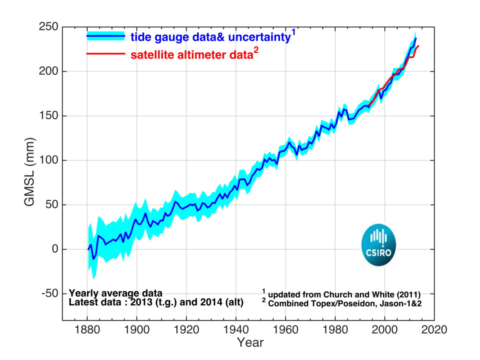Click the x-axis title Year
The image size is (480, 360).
click(x=250, y=342)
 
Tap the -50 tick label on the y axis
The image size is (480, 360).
click(x=50, y=294)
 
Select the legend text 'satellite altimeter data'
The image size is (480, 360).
click(x=190, y=55)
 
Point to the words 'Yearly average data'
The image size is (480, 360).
click(x=116, y=292)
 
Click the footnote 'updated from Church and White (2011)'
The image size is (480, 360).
click(x=344, y=294)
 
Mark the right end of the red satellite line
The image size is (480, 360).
click(x=418, y=46)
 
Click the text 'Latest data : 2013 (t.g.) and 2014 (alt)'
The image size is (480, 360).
click(x=156, y=303)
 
